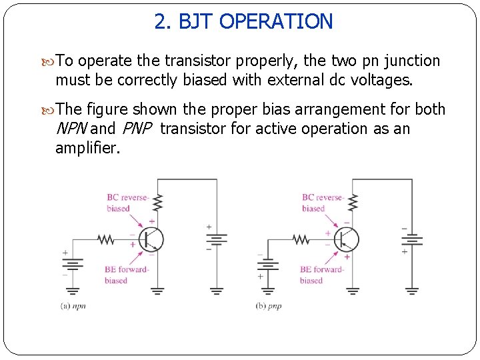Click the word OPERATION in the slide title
(275, 21)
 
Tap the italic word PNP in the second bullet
(137, 129)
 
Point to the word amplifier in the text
(87, 148)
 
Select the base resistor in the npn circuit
(107, 239)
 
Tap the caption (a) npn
(74, 306)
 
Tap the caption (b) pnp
(269, 306)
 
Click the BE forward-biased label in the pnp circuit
(321, 275)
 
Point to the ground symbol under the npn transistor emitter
(157, 291)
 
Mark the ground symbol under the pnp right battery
(412, 291)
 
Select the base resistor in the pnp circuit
(301, 239)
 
